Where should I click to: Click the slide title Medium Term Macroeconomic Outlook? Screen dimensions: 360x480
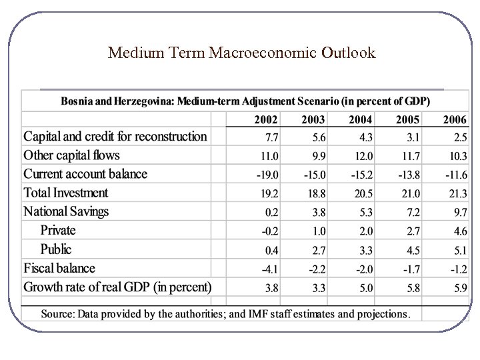[241, 53]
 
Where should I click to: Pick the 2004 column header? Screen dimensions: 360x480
[361, 120]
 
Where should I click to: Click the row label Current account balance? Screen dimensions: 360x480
[85, 174]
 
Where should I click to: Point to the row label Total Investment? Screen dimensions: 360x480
[65, 193]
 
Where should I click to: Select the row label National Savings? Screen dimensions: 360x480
[66, 212]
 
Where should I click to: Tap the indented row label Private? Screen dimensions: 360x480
[58, 231]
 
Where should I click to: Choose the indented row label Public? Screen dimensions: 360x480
[56, 249]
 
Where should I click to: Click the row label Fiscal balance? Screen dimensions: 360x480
[59, 269]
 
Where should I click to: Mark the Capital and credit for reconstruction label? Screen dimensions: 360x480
[115, 137]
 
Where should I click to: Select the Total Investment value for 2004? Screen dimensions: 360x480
[361, 194]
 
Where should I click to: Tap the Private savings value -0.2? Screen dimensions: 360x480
[269, 231]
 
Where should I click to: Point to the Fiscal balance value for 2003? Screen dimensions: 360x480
[315, 269]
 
